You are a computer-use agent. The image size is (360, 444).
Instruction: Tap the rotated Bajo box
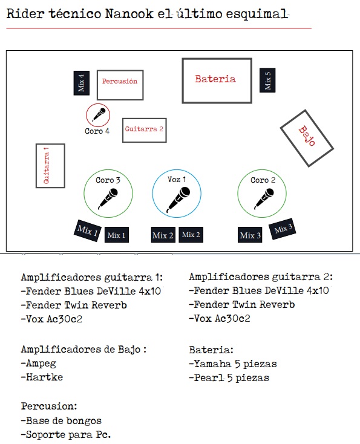[x=307, y=138]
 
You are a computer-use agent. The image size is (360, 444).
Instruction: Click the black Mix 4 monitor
[x=82, y=83]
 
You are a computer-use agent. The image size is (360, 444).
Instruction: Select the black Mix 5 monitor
[x=267, y=80]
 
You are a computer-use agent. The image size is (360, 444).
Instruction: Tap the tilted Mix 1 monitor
[x=88, y=230]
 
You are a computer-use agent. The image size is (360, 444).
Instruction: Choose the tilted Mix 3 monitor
[x=283, y=229]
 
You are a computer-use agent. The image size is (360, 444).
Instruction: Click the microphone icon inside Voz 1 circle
[x=178, y=200]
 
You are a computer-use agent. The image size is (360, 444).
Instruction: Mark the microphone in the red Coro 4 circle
[x=99, y=114]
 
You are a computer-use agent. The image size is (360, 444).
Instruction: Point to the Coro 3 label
[x=108, y=180]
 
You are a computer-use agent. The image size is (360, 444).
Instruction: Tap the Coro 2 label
[x=263, y=180]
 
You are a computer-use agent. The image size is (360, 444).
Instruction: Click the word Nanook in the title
[x=129, y=13]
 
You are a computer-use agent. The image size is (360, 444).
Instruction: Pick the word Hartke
[x=44, y=377]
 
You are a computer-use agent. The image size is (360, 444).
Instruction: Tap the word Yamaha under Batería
[x=212, y=364]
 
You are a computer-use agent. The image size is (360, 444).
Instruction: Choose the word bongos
[x=83, y=421]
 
